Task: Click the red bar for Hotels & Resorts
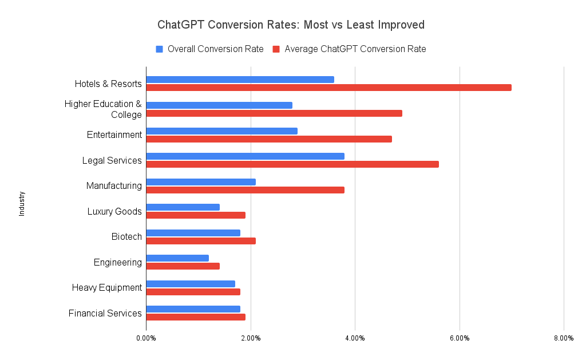coord(328,88)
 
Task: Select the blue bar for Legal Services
coord(245,156)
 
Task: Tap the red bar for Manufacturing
coord(245,190)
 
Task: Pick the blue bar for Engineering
coord(177,258)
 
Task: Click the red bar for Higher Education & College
coord(274,113)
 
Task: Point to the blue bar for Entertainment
coord(221,131)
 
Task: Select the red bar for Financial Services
coord(196,317)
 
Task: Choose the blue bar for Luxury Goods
coord(183,207)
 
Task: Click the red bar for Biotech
coord(201,241)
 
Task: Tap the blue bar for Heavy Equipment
coord(191,284)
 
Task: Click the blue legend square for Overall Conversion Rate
coord(160,49)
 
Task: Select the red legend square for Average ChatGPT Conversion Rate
coord(276,49)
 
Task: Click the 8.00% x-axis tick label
coord(564,338)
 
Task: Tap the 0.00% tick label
coord(146,338)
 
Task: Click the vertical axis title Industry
coord(22,203)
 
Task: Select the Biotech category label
coord(126,237)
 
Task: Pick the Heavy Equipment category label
coord(106,288)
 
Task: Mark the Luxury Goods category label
coord(114,212)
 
